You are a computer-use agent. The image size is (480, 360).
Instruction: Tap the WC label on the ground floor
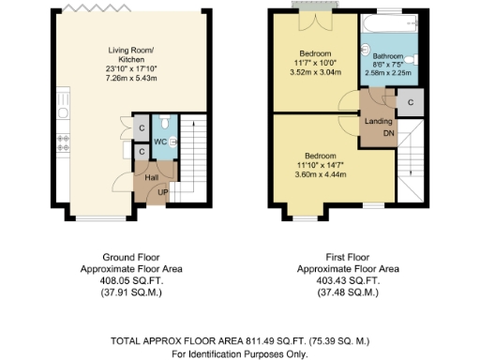pyautogui.click(x=158, y=142)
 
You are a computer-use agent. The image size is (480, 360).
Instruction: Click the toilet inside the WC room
pyautogui.click(x=164, y=124)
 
